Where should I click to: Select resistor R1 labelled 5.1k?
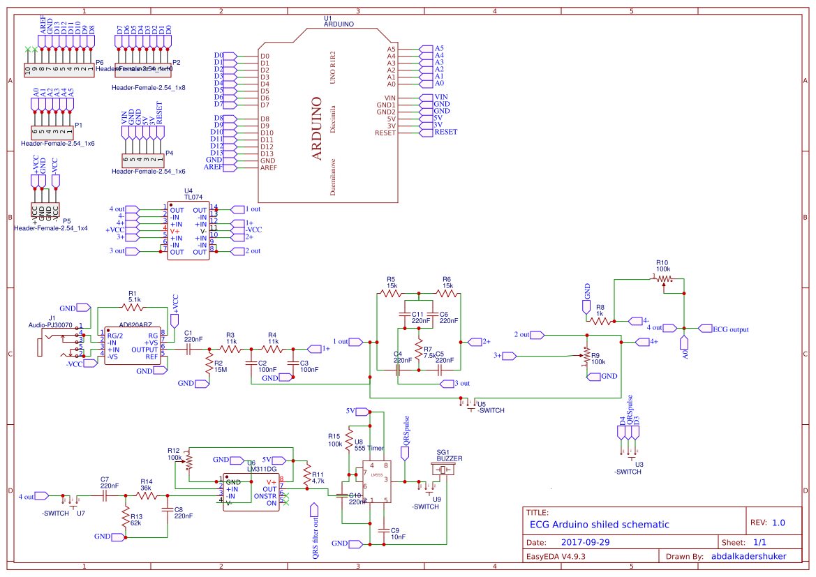tap(132, 306)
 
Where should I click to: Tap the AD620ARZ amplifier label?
tap(135, 325)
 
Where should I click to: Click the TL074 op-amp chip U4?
tap(188, 231)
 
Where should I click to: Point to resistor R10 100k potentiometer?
tap(664, 278)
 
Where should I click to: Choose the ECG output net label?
tap(730, 329)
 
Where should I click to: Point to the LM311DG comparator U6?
tap(251, 491)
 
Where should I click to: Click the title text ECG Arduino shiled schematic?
tap(599, 525)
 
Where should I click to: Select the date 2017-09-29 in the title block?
tap(585, 542)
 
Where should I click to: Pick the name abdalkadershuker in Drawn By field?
tap(748, 556)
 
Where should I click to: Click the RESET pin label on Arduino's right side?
tap(446, 132)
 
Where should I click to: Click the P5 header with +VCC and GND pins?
tap(45, 209)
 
